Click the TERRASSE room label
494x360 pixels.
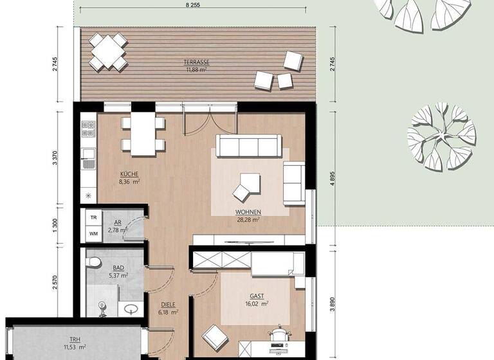(197, 62)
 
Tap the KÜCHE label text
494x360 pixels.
(129, 174)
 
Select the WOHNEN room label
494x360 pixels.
(248, 212)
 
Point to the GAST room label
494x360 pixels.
(257, 297)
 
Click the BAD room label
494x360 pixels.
(119, 267)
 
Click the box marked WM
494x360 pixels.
(93, 234)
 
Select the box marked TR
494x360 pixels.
(93, 218)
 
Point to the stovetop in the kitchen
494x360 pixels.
(88, 129)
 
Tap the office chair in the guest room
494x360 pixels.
(278, 337)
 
